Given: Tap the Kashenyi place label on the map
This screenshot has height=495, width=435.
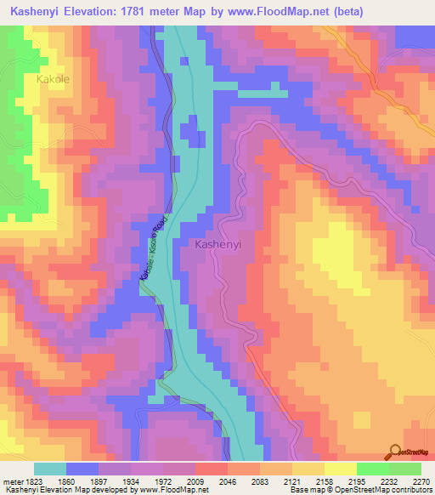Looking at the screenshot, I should pyautogui.click(x=218, y=243).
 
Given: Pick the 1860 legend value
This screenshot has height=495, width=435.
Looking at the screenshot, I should pyautogui.click(x=68, y=481).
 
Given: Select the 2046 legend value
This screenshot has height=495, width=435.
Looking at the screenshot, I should pyautogui.click(x=228, y=481).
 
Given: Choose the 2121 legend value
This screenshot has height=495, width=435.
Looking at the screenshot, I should pyautogui.click(x=291, y=481).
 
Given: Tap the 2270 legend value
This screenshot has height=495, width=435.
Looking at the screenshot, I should pyautogui.click(x=421, y=481).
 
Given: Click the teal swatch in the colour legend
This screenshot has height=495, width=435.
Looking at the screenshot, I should pyautogui.click(x=50, y=469).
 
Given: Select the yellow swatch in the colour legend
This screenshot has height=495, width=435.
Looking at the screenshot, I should pyautogui.click(x=339, y=469).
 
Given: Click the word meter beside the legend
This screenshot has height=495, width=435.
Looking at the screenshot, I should pyautogui.click(x=11, y=481).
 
